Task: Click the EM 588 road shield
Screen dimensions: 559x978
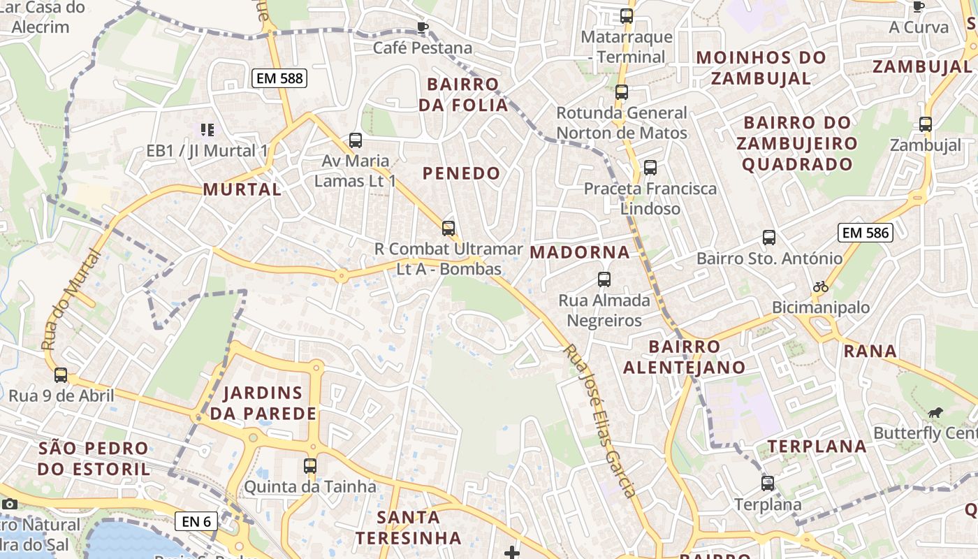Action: pyautogui.click(x=279, y=78)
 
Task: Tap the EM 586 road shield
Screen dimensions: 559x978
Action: pyautogui.click(x=866, y=233)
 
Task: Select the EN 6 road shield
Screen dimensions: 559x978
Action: pyautogui.click(x=196, y=521)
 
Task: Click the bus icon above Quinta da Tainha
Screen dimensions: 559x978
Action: pyautogui.click(x=310, y=465)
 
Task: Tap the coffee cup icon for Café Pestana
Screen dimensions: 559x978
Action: pyautogui.click(x=422, y=27)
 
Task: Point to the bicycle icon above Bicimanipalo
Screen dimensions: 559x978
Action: pyautogui.click(x=821, y=286)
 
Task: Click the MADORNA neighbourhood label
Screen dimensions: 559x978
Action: pyautogui.click(x=580, y=252)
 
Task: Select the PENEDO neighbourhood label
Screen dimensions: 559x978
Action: pyautogui.click(x=462, y=173)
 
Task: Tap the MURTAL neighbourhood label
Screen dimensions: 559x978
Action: pyautogui.click(x=242, y=189)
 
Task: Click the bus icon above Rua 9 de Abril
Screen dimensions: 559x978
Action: pyautogui.click(x=61, y=375)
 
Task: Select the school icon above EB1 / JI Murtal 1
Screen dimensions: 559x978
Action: pyautogui.click(x=207, y=129)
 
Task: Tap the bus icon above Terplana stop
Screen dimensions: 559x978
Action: pyautogui.click(x=768, y=483)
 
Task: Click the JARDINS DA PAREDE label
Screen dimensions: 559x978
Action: pyautogui.click(x=263, y=403)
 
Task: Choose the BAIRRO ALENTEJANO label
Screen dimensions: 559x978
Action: pyautogui.click(x=684, y=357)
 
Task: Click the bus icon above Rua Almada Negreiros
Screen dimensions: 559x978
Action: pyautogui.click(x=604, y=279)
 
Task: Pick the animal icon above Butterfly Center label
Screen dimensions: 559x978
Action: pyautogui.click(x=935, y=412)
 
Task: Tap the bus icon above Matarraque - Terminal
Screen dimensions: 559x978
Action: pyautogui.click(x=627, y=15)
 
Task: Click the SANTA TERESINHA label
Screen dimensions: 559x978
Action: pyautogui.click(x=409, y=528)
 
